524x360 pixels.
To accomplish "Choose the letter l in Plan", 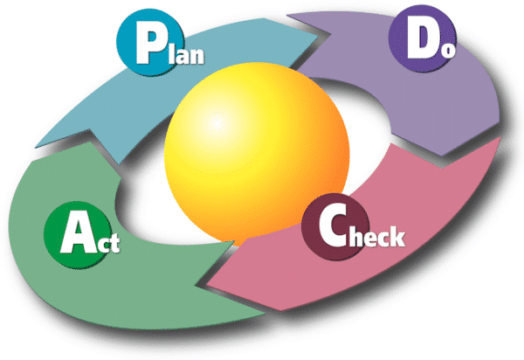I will (171, 54).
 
